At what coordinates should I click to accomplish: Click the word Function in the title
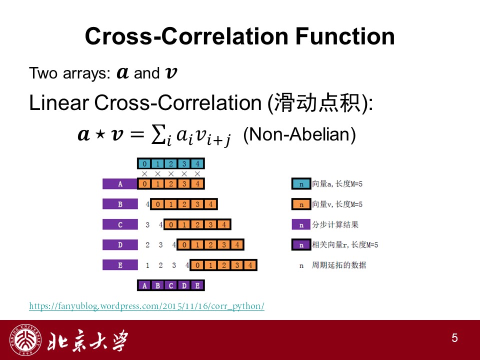tap(345, 36)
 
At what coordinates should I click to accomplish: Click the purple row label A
tap(120, 184)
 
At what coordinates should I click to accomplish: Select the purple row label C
tap(120, 224)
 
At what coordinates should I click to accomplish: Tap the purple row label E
tap(120, 265)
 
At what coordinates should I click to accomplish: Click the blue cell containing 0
tap(144, 164)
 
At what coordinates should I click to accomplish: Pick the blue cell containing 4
tap(197, 164)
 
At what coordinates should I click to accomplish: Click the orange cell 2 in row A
tap(171, 184)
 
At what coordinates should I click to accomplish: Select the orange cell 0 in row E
tap(197, 265)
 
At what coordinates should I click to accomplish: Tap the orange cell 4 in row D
tap(237, 244)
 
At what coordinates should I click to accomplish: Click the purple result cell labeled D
tap(184, 285)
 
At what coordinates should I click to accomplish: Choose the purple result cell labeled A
tap(144, 285)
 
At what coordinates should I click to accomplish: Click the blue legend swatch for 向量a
tap(301, 184)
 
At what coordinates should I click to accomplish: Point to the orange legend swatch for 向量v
tap(301, 204)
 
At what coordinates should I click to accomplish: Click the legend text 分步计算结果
tap(335, 224)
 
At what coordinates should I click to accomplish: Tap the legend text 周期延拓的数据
tap(339, 265)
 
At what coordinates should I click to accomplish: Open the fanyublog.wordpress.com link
tap(146, 306)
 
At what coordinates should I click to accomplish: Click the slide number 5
tap(454, 338)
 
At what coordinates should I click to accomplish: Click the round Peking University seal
tap(25, 340)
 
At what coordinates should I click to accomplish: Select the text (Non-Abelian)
tap(299, 134)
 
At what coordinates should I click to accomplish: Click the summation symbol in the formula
tap(159, 134)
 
